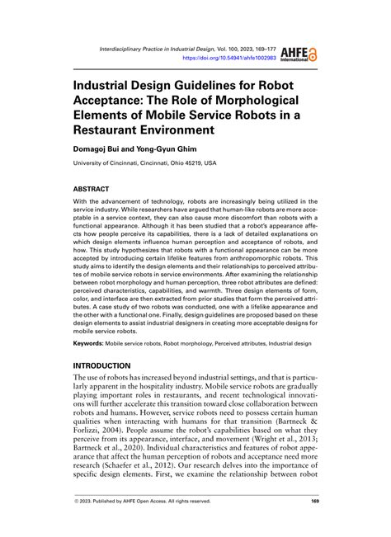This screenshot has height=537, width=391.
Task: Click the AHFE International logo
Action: coord(299,55)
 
